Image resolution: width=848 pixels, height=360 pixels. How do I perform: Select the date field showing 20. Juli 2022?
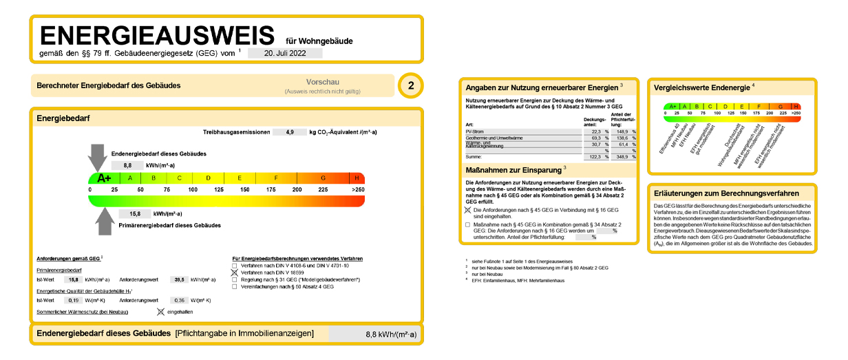click(284, 53)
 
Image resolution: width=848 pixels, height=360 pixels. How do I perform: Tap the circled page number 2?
click(411, 86)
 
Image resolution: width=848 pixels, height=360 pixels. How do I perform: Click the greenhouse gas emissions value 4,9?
click(290, 131)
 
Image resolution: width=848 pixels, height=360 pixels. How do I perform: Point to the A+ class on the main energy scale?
click(104, 178)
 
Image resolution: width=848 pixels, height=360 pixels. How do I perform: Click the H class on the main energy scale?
click(357, 178)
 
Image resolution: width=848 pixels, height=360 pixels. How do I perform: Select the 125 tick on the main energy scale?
click(219, 189)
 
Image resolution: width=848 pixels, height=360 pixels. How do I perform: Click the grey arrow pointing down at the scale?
click(98, 157)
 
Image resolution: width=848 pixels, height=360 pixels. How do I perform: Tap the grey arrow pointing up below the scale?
click(104, 220)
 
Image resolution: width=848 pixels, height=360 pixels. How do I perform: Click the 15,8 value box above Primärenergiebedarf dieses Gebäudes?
click(135, 214)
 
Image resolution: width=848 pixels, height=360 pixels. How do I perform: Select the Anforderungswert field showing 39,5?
click(179, 279)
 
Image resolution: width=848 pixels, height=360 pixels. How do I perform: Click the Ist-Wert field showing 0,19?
click(73, 300)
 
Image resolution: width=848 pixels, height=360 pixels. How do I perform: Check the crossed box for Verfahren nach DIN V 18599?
click(235, 273)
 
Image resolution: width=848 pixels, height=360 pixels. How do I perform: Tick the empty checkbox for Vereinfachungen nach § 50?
click(235, 286)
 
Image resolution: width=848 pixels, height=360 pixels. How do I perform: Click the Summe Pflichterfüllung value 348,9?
click(622, 157)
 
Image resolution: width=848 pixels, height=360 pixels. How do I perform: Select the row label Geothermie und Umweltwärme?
click(494, 138)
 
